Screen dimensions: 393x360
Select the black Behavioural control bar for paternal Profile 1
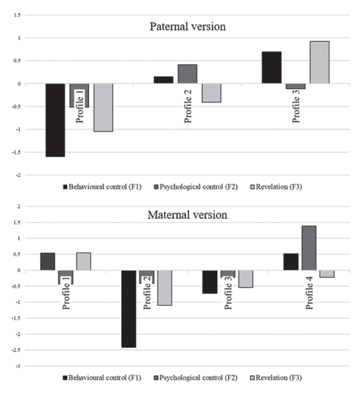pos(55,120)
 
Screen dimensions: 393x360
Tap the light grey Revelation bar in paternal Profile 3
pos(319,62)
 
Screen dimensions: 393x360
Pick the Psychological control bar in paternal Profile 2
pos(187,74)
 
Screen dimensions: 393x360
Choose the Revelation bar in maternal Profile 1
pos(83,261)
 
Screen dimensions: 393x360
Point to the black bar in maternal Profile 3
pos(209,282)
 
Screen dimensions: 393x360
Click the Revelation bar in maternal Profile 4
pos(327,274)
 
